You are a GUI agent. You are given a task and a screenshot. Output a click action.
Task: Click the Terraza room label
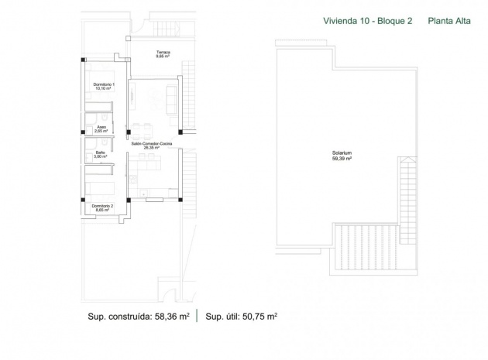[x=162, y=52]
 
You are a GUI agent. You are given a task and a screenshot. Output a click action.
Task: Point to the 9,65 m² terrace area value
[x=162, y=57]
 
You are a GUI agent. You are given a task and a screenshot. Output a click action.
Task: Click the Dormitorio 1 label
[x=104, y=83]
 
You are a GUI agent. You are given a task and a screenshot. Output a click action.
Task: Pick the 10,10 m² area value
[x=104, y=88]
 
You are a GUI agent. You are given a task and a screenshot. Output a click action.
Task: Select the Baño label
[x=101, y=153]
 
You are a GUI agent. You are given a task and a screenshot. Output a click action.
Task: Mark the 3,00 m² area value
[x=101, y=157]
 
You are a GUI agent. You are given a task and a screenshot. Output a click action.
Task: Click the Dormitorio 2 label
[x=103, y=205]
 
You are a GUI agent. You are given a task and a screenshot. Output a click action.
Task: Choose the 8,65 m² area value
[x=103, y=210]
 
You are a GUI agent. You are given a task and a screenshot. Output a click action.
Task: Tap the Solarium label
[x=342, y=153]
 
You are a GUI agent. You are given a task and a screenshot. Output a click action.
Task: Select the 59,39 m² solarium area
[x=342, y=158]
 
